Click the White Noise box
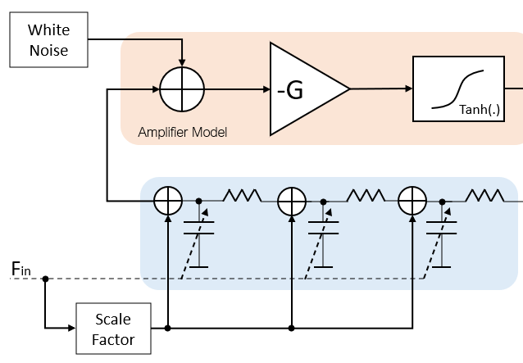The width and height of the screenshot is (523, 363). pos(48,40)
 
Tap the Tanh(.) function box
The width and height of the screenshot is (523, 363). pos(459,88)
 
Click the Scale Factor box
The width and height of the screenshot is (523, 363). pos(112,329)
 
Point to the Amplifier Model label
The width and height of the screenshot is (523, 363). pos(182,132)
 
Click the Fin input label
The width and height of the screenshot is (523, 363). pos(21,269)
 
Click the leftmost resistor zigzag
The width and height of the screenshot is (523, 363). pos(242,195)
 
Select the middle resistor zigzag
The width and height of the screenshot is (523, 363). pos(365,195)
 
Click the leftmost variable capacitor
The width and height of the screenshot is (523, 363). pos(198,233)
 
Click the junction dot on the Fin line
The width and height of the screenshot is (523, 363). pos(45,279)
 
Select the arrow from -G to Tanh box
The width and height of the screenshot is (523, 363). pos(381,88)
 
